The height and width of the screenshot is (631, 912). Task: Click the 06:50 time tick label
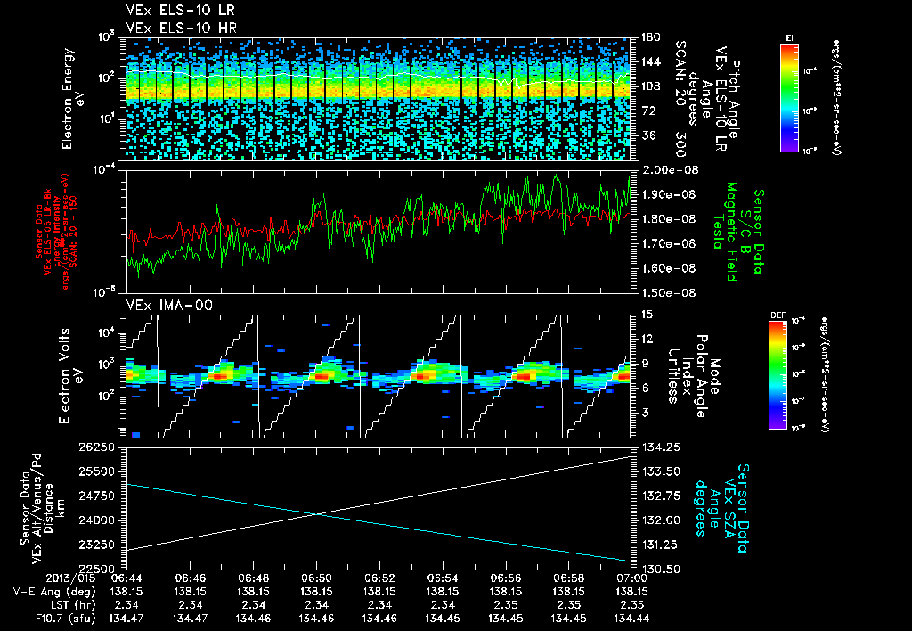click(317, 578)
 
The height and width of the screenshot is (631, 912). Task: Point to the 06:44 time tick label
click(128, 578)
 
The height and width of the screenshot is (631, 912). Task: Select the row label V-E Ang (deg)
click(49, 591)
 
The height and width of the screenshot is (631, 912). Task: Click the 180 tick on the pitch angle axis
click(648, 37)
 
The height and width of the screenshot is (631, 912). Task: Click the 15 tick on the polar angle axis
click(646, 315)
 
